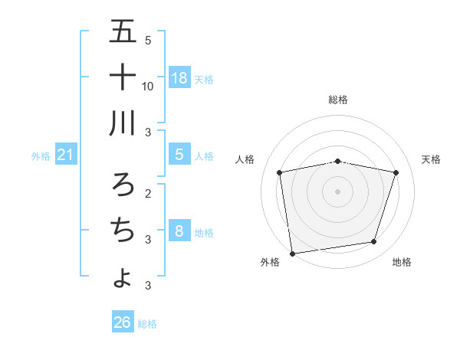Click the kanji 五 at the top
pyautogui.click(x=123, y=32)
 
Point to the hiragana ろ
pyautogui.click(x=123, y=184)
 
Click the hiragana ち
pyautogui.click(x=123, y=229)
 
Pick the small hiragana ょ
pyautogui.click(x=123, y=277)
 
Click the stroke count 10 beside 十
pyautogui.click(x=148, y=86)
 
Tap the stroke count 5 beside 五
pyautogui.click(x=148, y=40)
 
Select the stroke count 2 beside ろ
pyautogui.click(x=148, y=192)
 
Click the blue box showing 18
pyautogui.click(x=179, y=77)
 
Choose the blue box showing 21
pyautogui.click(x=66, y=155)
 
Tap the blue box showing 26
pyautogui.click(x=123, y=322)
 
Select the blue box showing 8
pyautogui.click(x=179, y=231)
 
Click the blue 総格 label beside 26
pyautogui.click(x=147, y=324)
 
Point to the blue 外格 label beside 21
pyautogui.click(x=41, y=156)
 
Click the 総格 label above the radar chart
pyautogui.click(x=338, y=100)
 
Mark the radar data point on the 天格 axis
pyautogui.click(x=396, y=172)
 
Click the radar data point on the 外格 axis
pyautogui.click(x=291, y=253)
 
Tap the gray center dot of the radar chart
pyautogui.click(x=338, y=191)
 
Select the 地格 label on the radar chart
pyautogui.click(x=402, y=262)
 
